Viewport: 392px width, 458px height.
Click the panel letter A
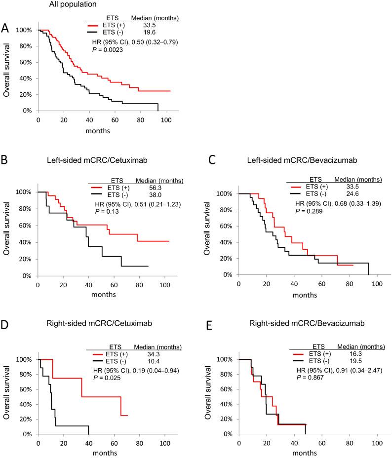(5, 28)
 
